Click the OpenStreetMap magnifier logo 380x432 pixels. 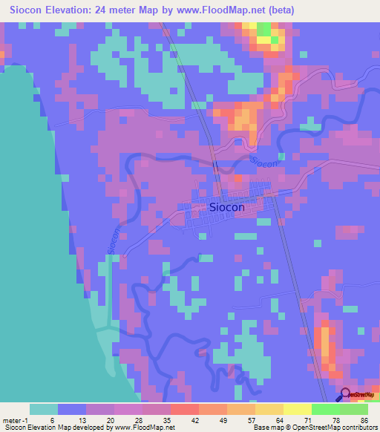(345, 395)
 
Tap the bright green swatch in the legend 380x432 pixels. (326, 408)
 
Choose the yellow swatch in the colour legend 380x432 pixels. (298, 408)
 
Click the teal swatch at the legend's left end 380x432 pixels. (44, 408)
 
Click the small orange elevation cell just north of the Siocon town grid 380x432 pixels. (237, 180)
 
